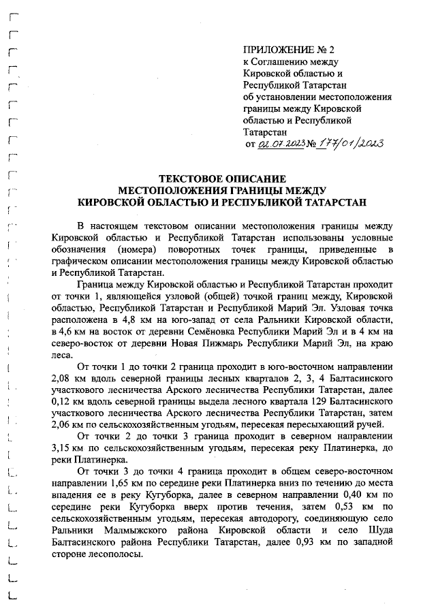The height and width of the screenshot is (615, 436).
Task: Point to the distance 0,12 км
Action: pyautogui.click(x=65, y=403)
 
